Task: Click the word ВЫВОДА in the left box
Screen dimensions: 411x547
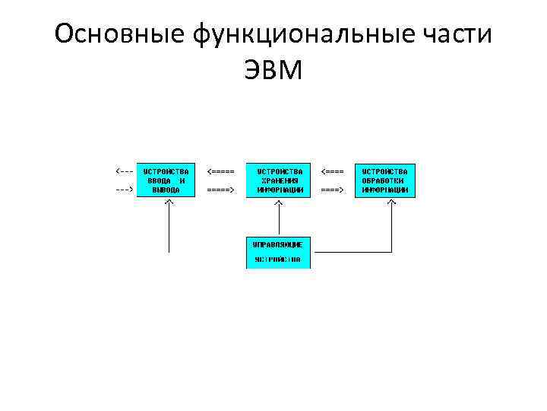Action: (166, 190)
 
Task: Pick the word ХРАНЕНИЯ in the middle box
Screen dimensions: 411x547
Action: (279, 180)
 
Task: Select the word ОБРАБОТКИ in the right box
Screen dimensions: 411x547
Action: (384, 180)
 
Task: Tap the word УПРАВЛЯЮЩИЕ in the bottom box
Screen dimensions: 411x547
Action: (278, 244)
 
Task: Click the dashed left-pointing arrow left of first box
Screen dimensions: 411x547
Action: (124, 170)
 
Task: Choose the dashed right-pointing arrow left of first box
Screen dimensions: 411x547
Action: (124, 189)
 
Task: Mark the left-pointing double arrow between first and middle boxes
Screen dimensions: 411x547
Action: (220, 170)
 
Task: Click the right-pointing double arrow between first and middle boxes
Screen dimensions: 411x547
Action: (220, 189)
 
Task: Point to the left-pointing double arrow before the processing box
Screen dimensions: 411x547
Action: (332, 170)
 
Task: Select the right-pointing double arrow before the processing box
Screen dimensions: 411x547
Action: (332, 189)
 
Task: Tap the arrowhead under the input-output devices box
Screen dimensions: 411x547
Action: (169, 203)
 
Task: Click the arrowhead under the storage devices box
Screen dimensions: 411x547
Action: (279, 203)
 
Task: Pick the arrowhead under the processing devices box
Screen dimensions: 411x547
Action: (392, 203)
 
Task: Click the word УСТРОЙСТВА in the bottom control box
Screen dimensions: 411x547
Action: (278, 260)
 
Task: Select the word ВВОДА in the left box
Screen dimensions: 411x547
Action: (159, 180)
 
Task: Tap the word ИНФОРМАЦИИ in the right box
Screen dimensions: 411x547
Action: (384, 190)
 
